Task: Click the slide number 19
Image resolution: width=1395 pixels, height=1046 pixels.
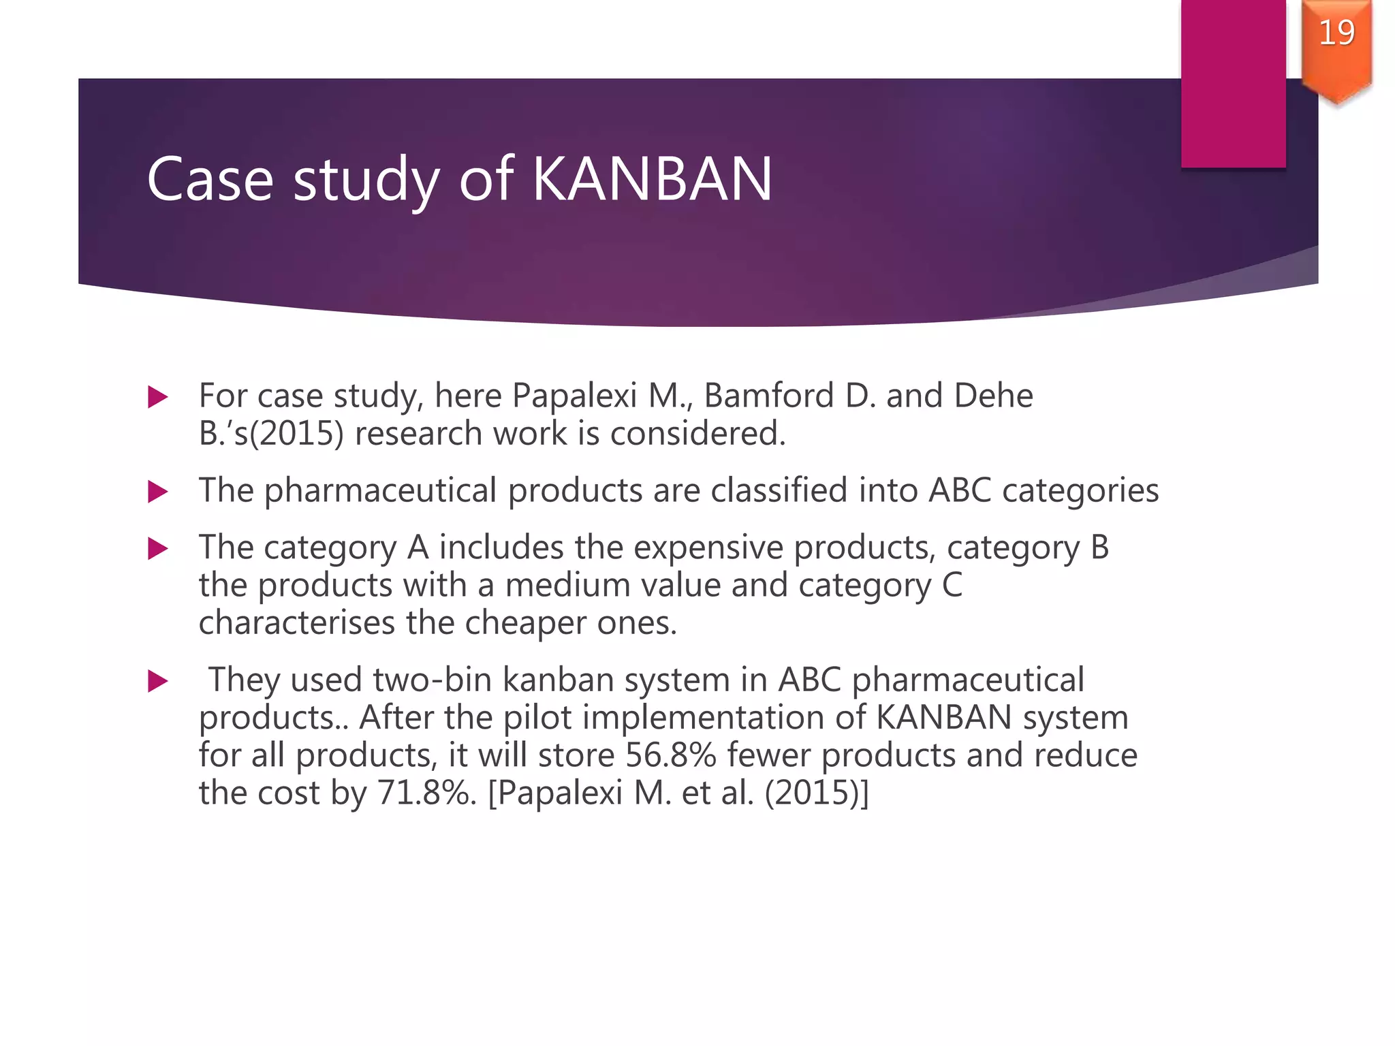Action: coord(1336,33)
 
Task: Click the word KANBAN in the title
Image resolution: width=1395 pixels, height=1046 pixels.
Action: coord(652,179)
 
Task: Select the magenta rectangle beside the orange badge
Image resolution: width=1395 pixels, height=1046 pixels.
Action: coord(1233,82)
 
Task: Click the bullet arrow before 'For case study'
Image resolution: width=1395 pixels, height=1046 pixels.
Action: coord(158,397)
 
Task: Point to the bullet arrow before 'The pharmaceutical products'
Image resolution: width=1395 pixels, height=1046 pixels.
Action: coord(158,492)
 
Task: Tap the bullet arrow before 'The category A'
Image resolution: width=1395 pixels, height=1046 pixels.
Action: coord(158,548)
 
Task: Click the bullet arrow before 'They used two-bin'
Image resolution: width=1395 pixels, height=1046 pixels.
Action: coord(158,681)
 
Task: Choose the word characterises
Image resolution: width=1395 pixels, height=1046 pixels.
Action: coord(296,623)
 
